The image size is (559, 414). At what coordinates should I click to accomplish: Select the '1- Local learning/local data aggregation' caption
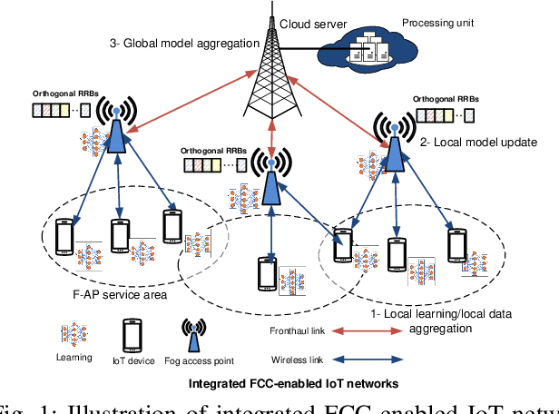(x=443, y=320)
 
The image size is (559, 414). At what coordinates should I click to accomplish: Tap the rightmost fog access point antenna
(x=394, y=140)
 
